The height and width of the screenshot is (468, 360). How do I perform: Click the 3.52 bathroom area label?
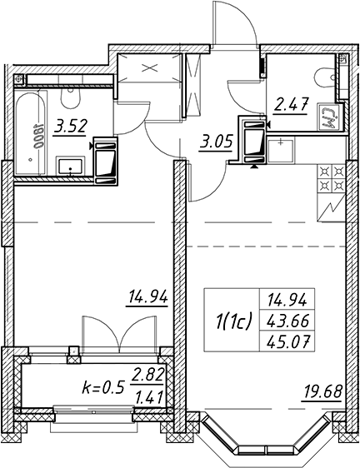pyautogui.click(x=70, y=127)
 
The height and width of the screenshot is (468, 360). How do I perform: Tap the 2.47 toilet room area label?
pyautogui.click(x=291, y=106)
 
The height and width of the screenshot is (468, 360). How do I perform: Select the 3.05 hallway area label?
pyautogui.click(x=216, y=142)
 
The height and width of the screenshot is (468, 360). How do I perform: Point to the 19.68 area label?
pyautogui.click(x=322, y=392)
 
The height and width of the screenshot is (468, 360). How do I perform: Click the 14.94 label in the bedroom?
pyautogui.click(x=148, y=297)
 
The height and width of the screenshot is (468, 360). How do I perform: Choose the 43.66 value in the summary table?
pyautogui.click(x=287, y=321)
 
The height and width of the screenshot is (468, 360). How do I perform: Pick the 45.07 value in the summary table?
pyautogui.click(x=287, y=341)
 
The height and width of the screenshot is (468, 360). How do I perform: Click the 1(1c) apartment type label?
pyautogui.click(x=232, y=321)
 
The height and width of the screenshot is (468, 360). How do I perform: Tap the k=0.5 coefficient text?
pyautogui.click(x=102, y=388)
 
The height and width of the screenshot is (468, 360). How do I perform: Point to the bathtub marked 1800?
pyautogui.click(x=31, y=132)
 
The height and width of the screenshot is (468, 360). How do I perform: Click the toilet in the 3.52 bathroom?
pyautogui.click(x=71, y=97)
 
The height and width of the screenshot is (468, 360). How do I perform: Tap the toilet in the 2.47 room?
pyautogui.click(x=325, y=78)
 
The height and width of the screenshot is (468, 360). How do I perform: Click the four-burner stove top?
pyautogui.click(x=332, y=179)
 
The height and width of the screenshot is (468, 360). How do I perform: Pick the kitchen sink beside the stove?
pyautogui.click(x=281, y=151)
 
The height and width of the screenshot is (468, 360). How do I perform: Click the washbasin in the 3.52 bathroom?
pyautogui.click(x=71, y=167)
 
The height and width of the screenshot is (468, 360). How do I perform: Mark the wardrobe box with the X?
pyautogui.click(x=149, y=67)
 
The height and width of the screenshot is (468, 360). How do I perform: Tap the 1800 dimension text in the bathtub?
pyautogui.click(x=39, y=137)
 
